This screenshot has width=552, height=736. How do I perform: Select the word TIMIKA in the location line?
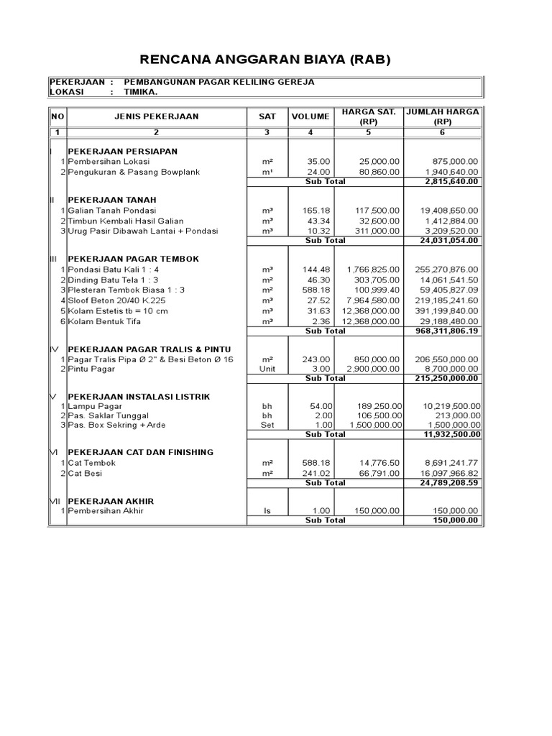coord(141,92)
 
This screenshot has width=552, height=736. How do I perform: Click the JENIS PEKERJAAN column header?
coord(156,116)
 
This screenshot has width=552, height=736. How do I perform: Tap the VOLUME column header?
coord(310,116)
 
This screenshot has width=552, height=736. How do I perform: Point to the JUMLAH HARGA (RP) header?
coord(443,116)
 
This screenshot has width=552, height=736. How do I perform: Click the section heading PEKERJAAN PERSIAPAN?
coord(122,152)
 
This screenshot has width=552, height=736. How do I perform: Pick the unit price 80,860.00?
coord(377,172)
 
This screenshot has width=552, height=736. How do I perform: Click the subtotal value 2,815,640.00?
coord(451,183)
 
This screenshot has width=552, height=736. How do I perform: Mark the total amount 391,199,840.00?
coord(446,310)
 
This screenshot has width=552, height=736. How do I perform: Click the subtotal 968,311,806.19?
coord(446,331)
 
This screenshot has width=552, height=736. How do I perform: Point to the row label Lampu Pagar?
coord(96,405)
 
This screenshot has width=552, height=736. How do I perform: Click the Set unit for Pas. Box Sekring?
coord(267,425)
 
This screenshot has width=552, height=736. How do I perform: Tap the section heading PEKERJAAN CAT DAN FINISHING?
coord(140,452)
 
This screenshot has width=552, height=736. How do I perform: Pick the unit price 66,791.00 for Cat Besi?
coord(379,474)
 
